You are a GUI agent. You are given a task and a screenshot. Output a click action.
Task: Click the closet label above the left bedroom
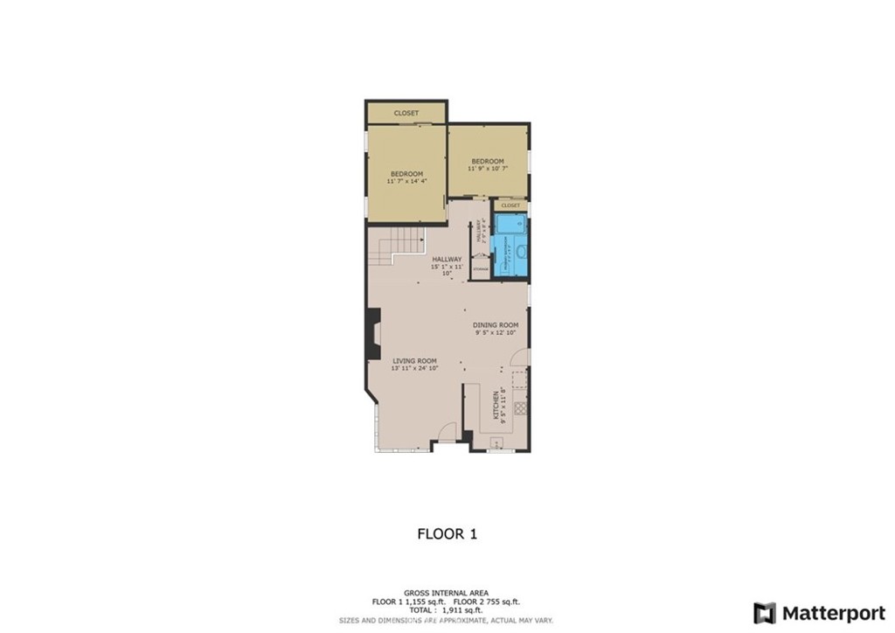406,113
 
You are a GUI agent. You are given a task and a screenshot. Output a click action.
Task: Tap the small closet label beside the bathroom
510,205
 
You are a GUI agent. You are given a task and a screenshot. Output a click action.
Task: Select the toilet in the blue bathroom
520,254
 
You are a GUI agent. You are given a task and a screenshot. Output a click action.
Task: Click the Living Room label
414,361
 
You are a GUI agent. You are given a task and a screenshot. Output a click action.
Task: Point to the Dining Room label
496,325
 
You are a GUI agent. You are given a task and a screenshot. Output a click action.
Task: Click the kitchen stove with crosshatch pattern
520,407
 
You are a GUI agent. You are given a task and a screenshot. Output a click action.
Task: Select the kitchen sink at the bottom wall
495,442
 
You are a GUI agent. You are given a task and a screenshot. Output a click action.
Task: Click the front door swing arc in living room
446,430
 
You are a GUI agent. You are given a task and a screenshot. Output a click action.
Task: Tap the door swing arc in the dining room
518,358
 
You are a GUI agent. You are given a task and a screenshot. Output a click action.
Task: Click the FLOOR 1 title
447,533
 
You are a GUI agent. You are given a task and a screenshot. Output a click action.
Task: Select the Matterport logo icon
764,612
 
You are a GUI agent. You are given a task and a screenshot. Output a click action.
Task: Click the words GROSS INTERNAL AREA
447,592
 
